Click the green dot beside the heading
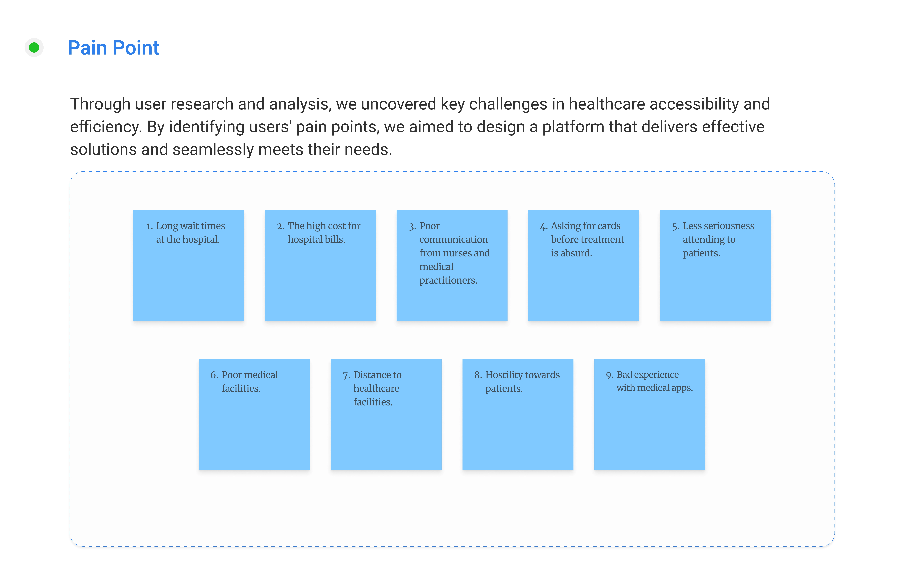coord(34,48)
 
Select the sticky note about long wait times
coord(188,265)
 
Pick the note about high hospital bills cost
coord(320,265)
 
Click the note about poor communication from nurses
coord(452,265)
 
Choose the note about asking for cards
coord(583,265)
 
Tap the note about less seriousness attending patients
coord(715,265)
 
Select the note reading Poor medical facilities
coord(254,414)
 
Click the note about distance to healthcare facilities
coord(386,414)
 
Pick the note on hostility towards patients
coord(518,414)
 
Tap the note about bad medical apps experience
coord(649,414)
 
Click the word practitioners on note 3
coord(448,280)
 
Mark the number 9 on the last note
coord(609,375)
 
